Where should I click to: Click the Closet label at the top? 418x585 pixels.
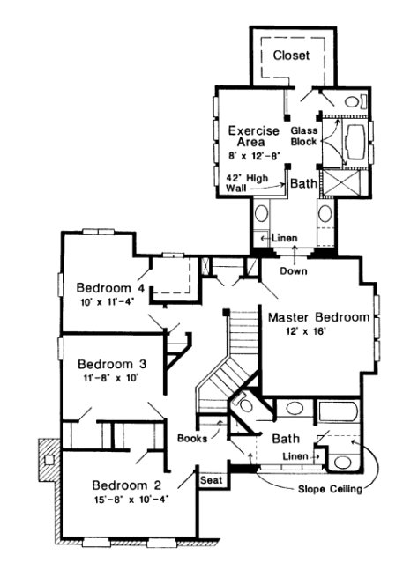292,56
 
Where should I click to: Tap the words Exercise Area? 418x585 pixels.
254,137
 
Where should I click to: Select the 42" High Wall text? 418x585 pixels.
247,182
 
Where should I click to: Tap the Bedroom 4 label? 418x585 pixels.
110,287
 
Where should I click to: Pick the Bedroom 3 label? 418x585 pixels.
111,364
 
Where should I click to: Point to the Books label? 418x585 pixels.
192,437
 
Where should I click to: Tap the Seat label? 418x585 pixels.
211,480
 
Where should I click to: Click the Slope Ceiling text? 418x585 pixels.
332,489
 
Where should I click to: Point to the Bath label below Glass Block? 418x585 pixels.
303,184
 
